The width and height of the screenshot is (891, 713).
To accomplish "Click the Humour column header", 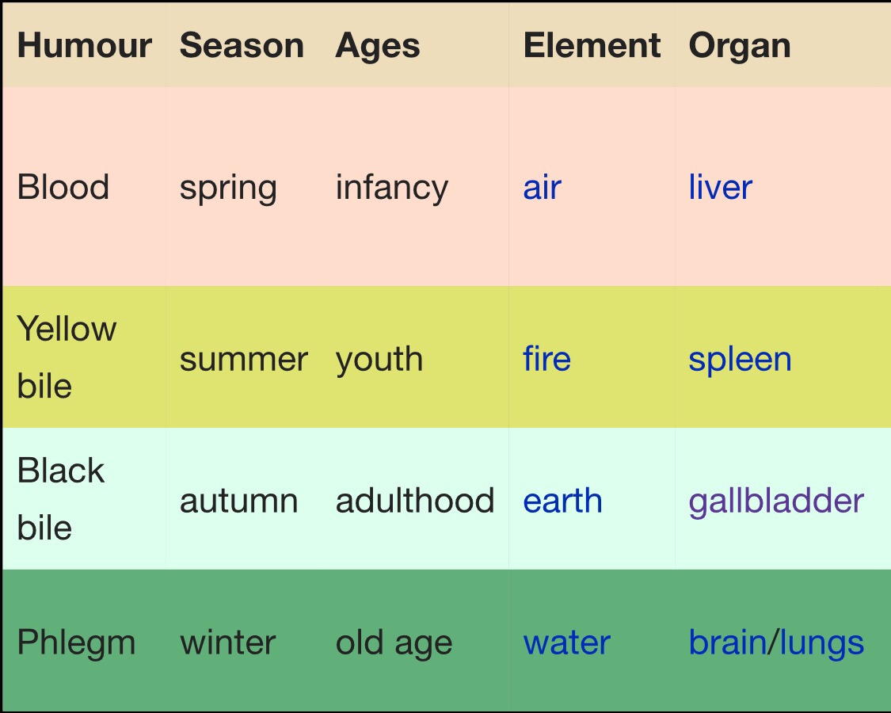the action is (85, 45).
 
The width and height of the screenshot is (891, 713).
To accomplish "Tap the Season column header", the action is (242, 45).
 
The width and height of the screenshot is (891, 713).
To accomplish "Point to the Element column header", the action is (592, 45).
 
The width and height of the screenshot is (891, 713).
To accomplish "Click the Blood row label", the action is (63, 187).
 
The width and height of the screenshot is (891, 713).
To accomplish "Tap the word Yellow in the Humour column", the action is (67, 329).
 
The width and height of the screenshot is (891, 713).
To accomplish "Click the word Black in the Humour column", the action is (61, 471).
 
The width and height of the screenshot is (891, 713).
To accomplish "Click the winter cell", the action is (228, 642).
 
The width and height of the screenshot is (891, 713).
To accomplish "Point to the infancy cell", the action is (392, 189).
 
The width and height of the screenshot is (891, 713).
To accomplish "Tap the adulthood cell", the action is (415, 501).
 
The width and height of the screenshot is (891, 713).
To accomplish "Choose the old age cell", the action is (394, 644).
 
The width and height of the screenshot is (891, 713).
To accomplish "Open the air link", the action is (542, 188).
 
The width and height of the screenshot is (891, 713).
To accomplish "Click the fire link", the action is (546, 358).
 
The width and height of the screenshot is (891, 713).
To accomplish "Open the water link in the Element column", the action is (566, 643).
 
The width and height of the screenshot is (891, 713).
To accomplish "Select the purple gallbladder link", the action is (776, 502).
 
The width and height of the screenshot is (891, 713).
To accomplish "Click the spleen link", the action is (740, 360).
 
